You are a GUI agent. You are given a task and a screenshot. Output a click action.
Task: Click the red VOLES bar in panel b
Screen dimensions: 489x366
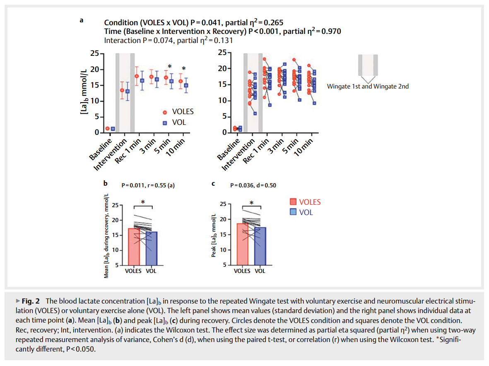click(x=134, y=247)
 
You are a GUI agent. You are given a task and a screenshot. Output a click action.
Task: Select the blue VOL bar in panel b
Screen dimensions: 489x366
click(x=151, y=249)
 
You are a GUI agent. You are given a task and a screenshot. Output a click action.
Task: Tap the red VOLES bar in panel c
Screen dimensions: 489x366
click(x=243, y=244)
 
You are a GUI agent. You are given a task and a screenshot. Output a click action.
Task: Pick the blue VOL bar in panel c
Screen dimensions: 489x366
click(x=260, y=246)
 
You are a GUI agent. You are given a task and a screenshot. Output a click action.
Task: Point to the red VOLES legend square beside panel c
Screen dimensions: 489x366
click(x=293, y=202)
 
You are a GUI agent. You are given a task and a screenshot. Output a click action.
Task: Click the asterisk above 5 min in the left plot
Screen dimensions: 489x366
click(x=170, y=66)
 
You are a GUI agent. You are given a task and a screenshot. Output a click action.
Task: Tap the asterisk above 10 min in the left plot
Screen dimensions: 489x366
click(x=184, y=69)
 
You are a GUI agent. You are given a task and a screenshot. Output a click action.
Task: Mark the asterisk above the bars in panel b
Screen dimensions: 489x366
click(x=143, y=202)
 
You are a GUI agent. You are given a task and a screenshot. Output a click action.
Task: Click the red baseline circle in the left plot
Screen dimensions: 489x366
click(x=108, y=128)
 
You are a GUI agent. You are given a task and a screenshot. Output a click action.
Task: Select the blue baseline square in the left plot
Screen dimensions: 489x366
click(x=113, y=129)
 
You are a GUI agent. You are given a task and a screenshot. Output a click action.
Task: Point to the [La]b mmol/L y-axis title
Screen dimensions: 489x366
click(x=84, y=92)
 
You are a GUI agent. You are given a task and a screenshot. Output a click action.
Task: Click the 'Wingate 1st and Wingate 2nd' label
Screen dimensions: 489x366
click(x=368, y=86)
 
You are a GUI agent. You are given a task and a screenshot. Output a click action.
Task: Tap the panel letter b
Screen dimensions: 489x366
click(x=106, y=183)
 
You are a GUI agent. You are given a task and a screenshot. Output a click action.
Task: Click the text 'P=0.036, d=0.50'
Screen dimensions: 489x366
click(x=253, y=185)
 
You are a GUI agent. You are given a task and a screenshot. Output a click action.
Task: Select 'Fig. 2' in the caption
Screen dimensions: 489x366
click(x=31, y=301)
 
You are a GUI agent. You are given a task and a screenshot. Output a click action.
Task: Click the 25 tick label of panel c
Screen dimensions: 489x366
click(x=223, y=204)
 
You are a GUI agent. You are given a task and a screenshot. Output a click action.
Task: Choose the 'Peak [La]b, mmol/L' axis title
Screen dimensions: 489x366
click(x=214, y=235)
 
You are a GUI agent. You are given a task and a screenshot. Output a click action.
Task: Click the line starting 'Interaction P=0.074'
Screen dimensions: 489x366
click(x=169, y=41)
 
